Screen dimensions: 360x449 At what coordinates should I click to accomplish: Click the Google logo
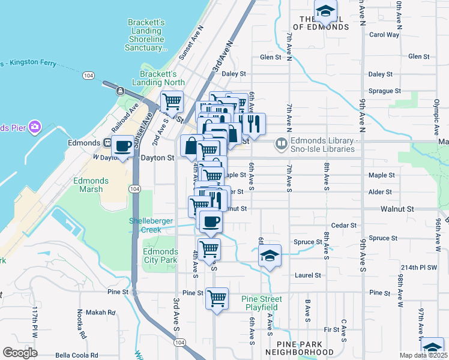click(x=20, y=352)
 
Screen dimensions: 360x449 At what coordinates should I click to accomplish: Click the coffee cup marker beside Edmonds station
click(x=122, y=146)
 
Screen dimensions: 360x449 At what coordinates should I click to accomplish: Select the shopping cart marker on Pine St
click(x=217, y=298)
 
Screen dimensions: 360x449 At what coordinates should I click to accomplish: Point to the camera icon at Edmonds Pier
click(x=35, y=127)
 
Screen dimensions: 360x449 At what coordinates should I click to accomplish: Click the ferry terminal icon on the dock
click(x=121, y=91)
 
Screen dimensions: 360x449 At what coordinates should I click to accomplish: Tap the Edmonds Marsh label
click(x=91, y=185)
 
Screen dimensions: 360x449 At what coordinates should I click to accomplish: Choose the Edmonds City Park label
click(x=160, y=256)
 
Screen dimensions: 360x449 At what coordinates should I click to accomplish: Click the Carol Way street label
click(x=384, y=35)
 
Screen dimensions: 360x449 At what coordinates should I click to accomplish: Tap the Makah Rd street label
click(x=104, y=313)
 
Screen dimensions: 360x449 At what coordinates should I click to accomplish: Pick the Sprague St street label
click(x=384, y=91)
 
